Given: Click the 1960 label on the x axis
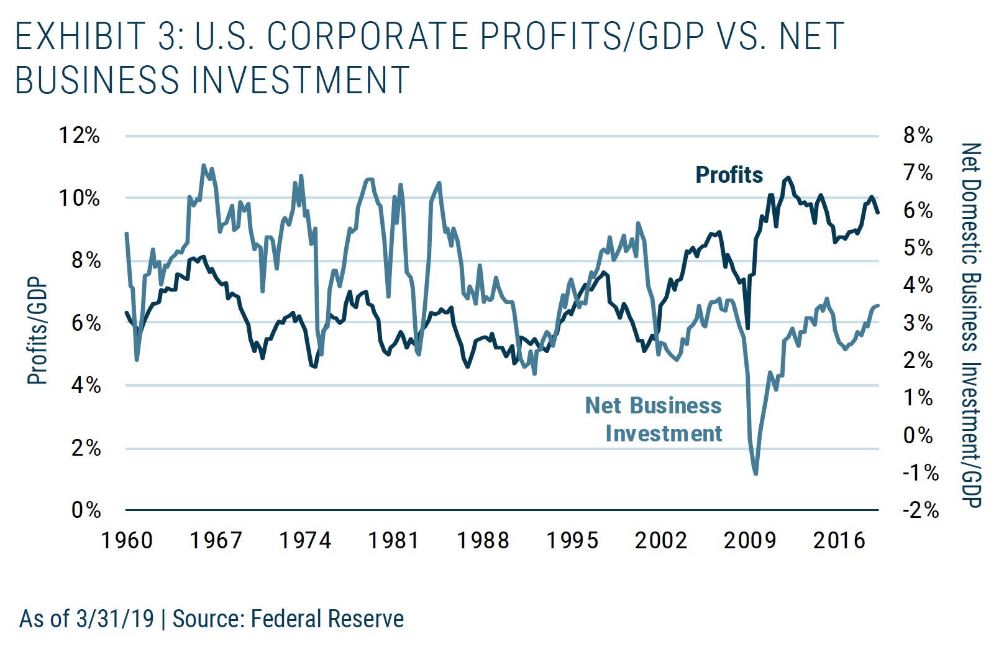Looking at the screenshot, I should point(127,540).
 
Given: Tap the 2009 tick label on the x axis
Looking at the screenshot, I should point(750,540).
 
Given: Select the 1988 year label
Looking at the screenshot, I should point(483,540).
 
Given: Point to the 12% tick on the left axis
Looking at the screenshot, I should point(79,135).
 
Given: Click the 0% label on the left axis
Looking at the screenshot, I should point(86,510).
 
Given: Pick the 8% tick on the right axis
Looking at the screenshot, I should point(918,135).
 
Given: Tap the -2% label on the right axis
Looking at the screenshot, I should point(920,510).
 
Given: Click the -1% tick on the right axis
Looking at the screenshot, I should point(920,472).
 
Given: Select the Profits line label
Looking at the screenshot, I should point(729,175).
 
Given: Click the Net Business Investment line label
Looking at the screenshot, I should point(654,420).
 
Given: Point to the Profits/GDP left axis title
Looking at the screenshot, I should point(37,331).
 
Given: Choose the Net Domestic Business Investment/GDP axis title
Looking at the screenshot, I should point(971,325).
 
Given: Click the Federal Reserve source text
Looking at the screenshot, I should point(327,619).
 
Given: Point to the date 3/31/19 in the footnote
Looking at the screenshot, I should point(115,619).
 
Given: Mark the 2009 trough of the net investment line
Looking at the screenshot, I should point(755,474).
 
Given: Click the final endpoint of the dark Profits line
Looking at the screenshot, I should point(878,213).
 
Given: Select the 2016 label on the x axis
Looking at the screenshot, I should point(839,540).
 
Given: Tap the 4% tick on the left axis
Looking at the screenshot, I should point(86,385).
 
